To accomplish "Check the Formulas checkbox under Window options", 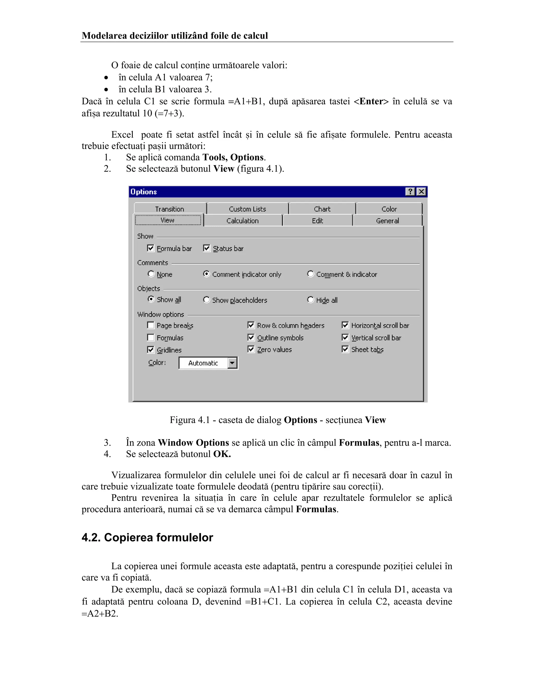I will point(151,338).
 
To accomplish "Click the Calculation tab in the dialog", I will point(242,221).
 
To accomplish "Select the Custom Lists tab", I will point(247,209).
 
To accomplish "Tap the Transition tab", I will point(169,209).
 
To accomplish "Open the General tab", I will point(387,221).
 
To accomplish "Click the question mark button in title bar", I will point(410,192).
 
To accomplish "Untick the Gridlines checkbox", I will point(151,350).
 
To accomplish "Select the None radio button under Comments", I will point(151,274).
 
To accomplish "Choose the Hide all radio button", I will point(311,300).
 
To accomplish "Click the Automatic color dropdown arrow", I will point(232,363).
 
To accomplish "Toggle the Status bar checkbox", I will point(207,248).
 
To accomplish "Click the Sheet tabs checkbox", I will point(345,349).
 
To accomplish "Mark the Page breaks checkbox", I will point(151,325).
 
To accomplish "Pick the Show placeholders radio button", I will point(207,300).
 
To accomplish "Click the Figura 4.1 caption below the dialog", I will point(277,420).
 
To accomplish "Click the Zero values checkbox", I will point(251,349).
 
